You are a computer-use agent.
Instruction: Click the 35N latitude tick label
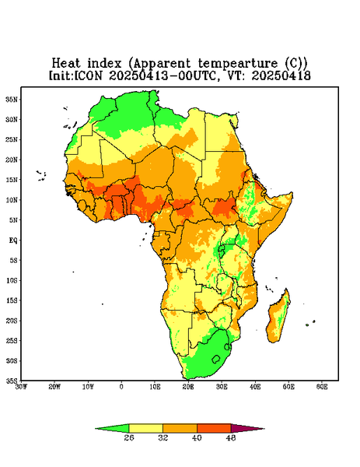click(x=12, y=99)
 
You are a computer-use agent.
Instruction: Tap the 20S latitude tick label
click(x=12, y=321)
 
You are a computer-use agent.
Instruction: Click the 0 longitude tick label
click(x=121, y=387)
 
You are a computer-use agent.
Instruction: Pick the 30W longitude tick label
click(x=22, y=387)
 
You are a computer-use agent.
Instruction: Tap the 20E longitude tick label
click(x=188, y=387)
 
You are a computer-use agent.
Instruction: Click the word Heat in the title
click(x=66, y=64)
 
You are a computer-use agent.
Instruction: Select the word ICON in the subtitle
click(x=88, y=75)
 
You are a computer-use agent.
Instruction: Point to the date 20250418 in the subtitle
click(x=281, y=75)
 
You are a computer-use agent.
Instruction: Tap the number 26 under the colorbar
click(x=129, y=437)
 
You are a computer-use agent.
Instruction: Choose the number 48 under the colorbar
click(x=231, y=437)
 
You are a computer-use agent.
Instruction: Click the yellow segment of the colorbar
click(x=145, y=428)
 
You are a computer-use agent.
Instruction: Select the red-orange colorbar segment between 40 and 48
click(x=214, y=428)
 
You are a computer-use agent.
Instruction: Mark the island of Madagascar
click(x=279, y=318)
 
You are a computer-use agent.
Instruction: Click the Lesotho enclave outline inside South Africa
click(x=216, y=359)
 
